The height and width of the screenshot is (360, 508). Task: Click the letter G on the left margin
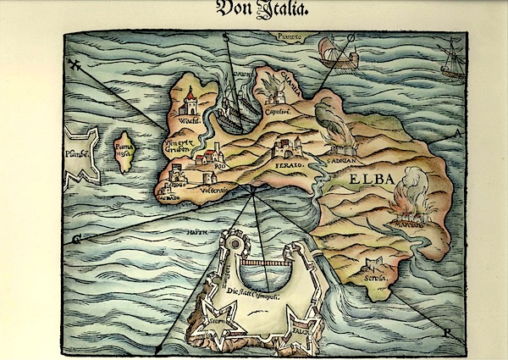click(75, 240)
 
